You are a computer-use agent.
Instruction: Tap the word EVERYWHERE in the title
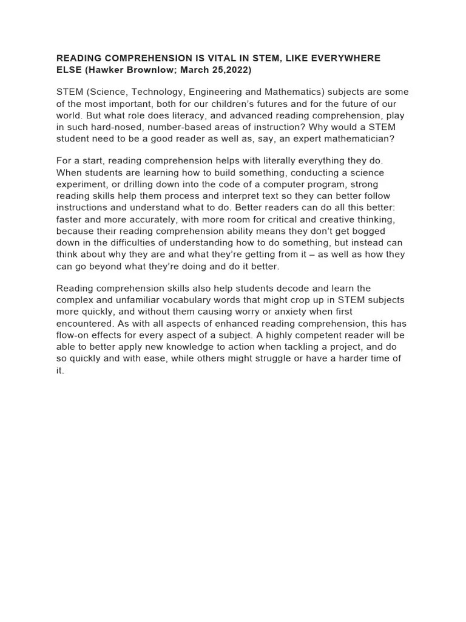[x=348, y=58]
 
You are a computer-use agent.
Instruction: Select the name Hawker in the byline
[x=106, y=70]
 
